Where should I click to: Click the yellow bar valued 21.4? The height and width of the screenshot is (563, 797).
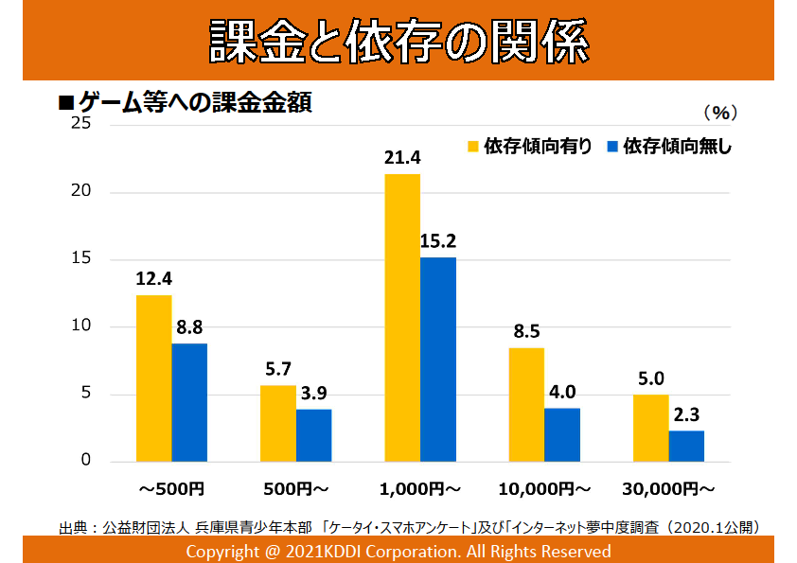coord(402,317)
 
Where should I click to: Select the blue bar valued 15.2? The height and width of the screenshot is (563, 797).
coord(437,359)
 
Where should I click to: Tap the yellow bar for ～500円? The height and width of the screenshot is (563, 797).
coord(154,378)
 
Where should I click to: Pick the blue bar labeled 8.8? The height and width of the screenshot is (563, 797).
coord(189,402)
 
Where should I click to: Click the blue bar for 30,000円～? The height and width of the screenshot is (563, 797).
coord(686,446)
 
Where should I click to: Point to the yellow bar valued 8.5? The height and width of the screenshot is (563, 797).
coord(526,404)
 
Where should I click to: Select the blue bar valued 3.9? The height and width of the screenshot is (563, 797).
coord(313,435)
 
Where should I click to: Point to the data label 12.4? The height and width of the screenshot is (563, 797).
coord(154,280)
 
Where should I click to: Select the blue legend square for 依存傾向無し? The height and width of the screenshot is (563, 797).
coord(611,147)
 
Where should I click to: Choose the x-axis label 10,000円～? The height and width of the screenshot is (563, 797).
coord(544,489)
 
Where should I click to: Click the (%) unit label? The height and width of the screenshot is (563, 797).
coord(719,112)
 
